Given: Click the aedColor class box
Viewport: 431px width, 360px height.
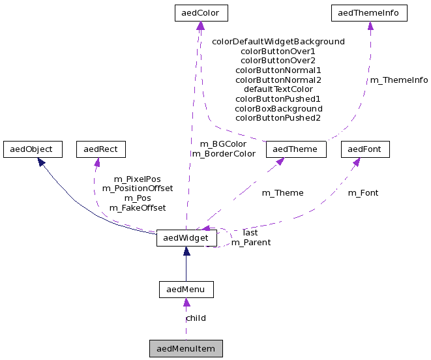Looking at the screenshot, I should point(201,12).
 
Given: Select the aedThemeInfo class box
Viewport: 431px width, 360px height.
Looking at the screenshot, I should point(370,12).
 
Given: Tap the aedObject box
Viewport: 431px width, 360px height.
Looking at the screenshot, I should point(32,149).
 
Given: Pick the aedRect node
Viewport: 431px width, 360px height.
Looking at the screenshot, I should point(100,149).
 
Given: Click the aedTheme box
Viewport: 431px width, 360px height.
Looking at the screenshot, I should point(295,149).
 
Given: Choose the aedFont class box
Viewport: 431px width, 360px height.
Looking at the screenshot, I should point(365,149).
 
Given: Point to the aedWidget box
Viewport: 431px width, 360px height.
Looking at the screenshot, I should point(186,238).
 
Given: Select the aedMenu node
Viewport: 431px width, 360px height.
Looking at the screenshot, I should point(186,289).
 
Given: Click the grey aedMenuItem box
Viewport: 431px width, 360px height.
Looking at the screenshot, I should point(186,348).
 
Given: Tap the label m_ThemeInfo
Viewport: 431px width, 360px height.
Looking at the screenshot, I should point(398,80).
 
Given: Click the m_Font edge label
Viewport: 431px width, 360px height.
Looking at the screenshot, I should point(363,192).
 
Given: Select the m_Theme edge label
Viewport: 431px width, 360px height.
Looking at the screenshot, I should point(282,192).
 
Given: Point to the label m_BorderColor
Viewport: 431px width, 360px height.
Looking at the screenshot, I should point(223,154).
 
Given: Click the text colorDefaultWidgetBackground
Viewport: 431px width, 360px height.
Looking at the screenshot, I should point(278,41).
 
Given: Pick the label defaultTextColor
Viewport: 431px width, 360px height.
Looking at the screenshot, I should point(278,89).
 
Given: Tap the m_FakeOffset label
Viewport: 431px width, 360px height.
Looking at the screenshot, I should point(137,207).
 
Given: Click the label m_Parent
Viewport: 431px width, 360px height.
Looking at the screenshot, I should point(251,242).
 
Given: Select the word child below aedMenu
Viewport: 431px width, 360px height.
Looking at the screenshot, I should point(196,318).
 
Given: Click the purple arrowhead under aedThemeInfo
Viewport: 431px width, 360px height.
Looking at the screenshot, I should point(370,25).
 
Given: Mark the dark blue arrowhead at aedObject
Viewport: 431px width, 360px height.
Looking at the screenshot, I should point(40,160).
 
